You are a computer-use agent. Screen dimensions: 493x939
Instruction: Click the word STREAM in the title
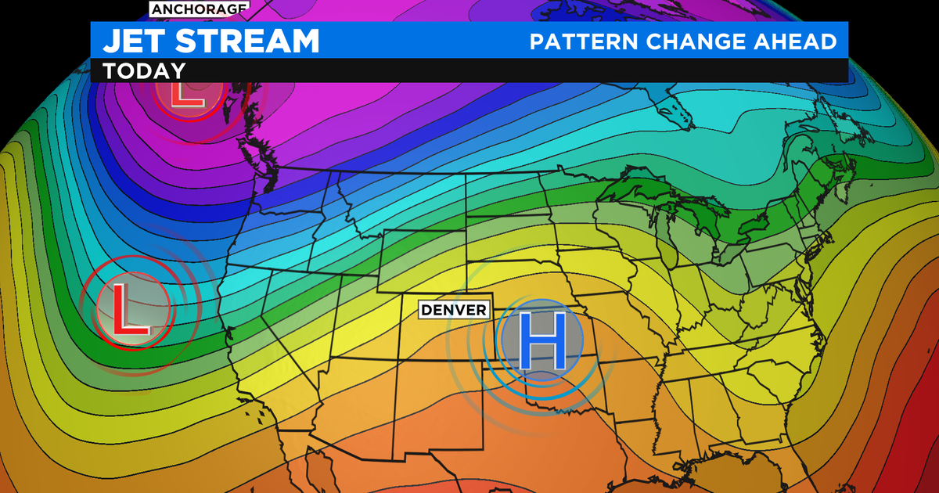(250, 41)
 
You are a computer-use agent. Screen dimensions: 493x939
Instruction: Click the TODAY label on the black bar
(143, 70)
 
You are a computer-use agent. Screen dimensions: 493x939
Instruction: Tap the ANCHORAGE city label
(199, 9)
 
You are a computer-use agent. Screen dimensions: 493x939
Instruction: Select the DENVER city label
(453, 310)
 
